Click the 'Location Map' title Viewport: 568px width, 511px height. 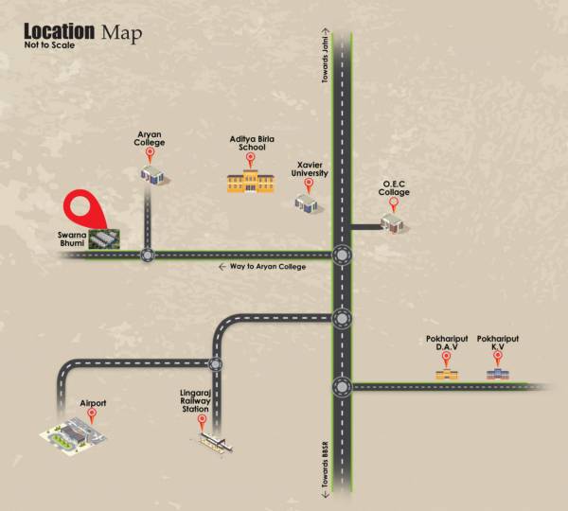coord(83,33)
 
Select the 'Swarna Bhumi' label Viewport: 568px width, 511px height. coord(71,238)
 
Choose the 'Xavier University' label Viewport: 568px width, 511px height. coord(311,168)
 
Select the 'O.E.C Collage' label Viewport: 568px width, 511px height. coord(395,188)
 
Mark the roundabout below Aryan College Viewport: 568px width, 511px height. coord(147,254)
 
